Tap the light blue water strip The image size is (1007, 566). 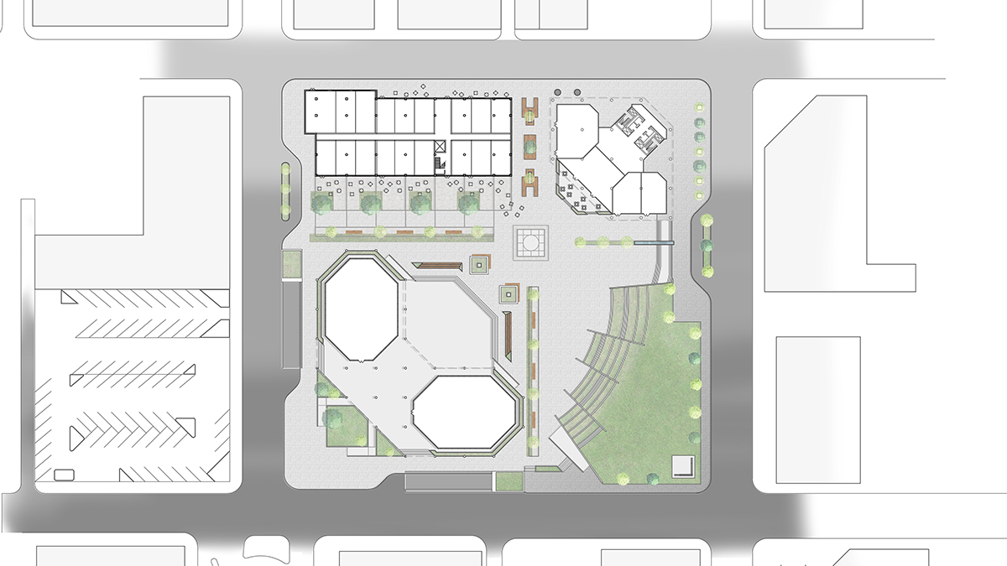655,243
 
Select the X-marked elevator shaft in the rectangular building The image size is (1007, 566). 439,146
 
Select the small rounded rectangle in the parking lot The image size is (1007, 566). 63,475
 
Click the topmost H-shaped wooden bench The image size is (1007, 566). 530,108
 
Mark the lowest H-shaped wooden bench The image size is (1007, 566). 530,182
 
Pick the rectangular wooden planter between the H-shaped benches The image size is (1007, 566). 530,144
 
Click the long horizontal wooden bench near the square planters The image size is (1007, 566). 440,266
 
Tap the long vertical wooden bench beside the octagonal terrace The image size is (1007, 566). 509,332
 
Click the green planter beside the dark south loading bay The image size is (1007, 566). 508,480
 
